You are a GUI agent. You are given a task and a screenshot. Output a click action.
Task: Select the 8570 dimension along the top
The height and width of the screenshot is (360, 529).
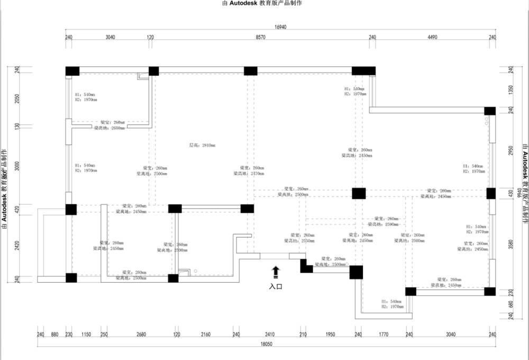[x=260, y=38]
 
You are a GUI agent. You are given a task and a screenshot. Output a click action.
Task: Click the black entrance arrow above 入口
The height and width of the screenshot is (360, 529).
[x=275, y=272]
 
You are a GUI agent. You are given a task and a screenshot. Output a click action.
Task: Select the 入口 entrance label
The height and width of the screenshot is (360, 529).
[x=275, y=286]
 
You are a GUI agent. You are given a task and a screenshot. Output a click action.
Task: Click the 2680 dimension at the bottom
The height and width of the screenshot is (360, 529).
[x=141, y=334]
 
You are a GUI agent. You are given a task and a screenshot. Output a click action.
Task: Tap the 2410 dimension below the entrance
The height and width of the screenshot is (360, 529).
[x=270, y=334]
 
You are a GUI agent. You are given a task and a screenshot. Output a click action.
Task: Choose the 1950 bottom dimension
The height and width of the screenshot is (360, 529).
[x=330, y=334]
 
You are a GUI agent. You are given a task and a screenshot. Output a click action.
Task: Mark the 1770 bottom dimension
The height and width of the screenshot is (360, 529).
[x=384, y=334]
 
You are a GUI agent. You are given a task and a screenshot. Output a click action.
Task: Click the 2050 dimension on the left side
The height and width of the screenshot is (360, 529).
[x=16, y=100]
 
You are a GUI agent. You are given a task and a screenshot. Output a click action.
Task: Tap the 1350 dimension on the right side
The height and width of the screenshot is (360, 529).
[x=511, y=89]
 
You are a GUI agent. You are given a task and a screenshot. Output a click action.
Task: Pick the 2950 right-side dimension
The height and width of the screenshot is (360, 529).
[x=511, y=151]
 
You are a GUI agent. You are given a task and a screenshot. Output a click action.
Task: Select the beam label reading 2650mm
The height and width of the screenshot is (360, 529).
[x=109, y=128]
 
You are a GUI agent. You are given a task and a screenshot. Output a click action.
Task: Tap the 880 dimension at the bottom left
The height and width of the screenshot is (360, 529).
[x=54, y=334]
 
